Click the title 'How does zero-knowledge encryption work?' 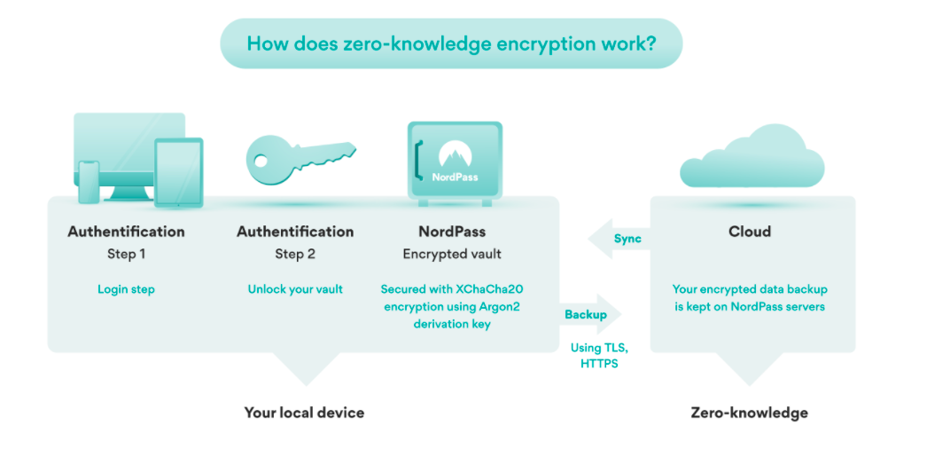pos(451,43)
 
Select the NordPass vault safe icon pos(455,161)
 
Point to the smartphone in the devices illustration pos(90,182)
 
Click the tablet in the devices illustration pos(178,173)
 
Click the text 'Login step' pos(126,289)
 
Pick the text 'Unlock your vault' pos(295,289)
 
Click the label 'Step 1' pos(126,255)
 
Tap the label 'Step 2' pos(295,255)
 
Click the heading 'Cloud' pos(750,232)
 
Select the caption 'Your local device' pos(304,413)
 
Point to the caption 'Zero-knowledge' pos(749,413)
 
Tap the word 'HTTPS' pos(599,364)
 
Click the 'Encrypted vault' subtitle pos(452,255)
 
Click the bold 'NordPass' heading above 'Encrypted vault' pos(452,232)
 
